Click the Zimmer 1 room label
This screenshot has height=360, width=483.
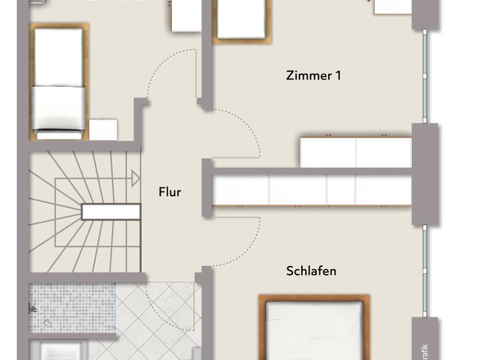point(314,76)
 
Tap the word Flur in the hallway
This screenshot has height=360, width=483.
point(169,193)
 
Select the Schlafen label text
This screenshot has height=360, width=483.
point(311,271)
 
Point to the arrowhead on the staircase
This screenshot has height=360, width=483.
point(133,173)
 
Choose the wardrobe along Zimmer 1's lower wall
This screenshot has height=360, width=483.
point(355,152)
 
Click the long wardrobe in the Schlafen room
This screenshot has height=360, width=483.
point(311,191)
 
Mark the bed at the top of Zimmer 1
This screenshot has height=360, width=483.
point(238,20)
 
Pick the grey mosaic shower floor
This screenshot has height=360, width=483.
point(61,308)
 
